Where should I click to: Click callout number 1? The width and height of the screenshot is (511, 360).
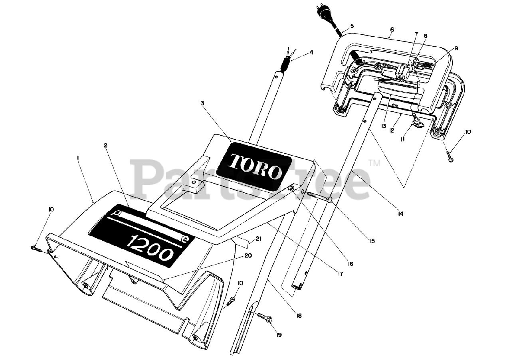(x=78, y=158)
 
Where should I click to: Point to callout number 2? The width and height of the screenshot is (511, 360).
(x=105, y=146)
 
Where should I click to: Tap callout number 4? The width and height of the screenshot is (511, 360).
(x=312, y=52)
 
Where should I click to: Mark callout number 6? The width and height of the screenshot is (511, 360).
(x=392, y=30)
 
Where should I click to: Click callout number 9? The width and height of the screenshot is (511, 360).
(x=456, y=48)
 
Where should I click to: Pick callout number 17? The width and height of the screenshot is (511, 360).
(x=340, y=274)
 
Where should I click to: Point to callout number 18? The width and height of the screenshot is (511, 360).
(x=299, y=316)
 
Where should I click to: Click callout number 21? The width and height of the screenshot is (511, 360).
(x=258, y=239)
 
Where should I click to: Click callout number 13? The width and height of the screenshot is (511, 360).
(x=384, y=126)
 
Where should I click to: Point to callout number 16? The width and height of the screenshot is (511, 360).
(x=350, y=264)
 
